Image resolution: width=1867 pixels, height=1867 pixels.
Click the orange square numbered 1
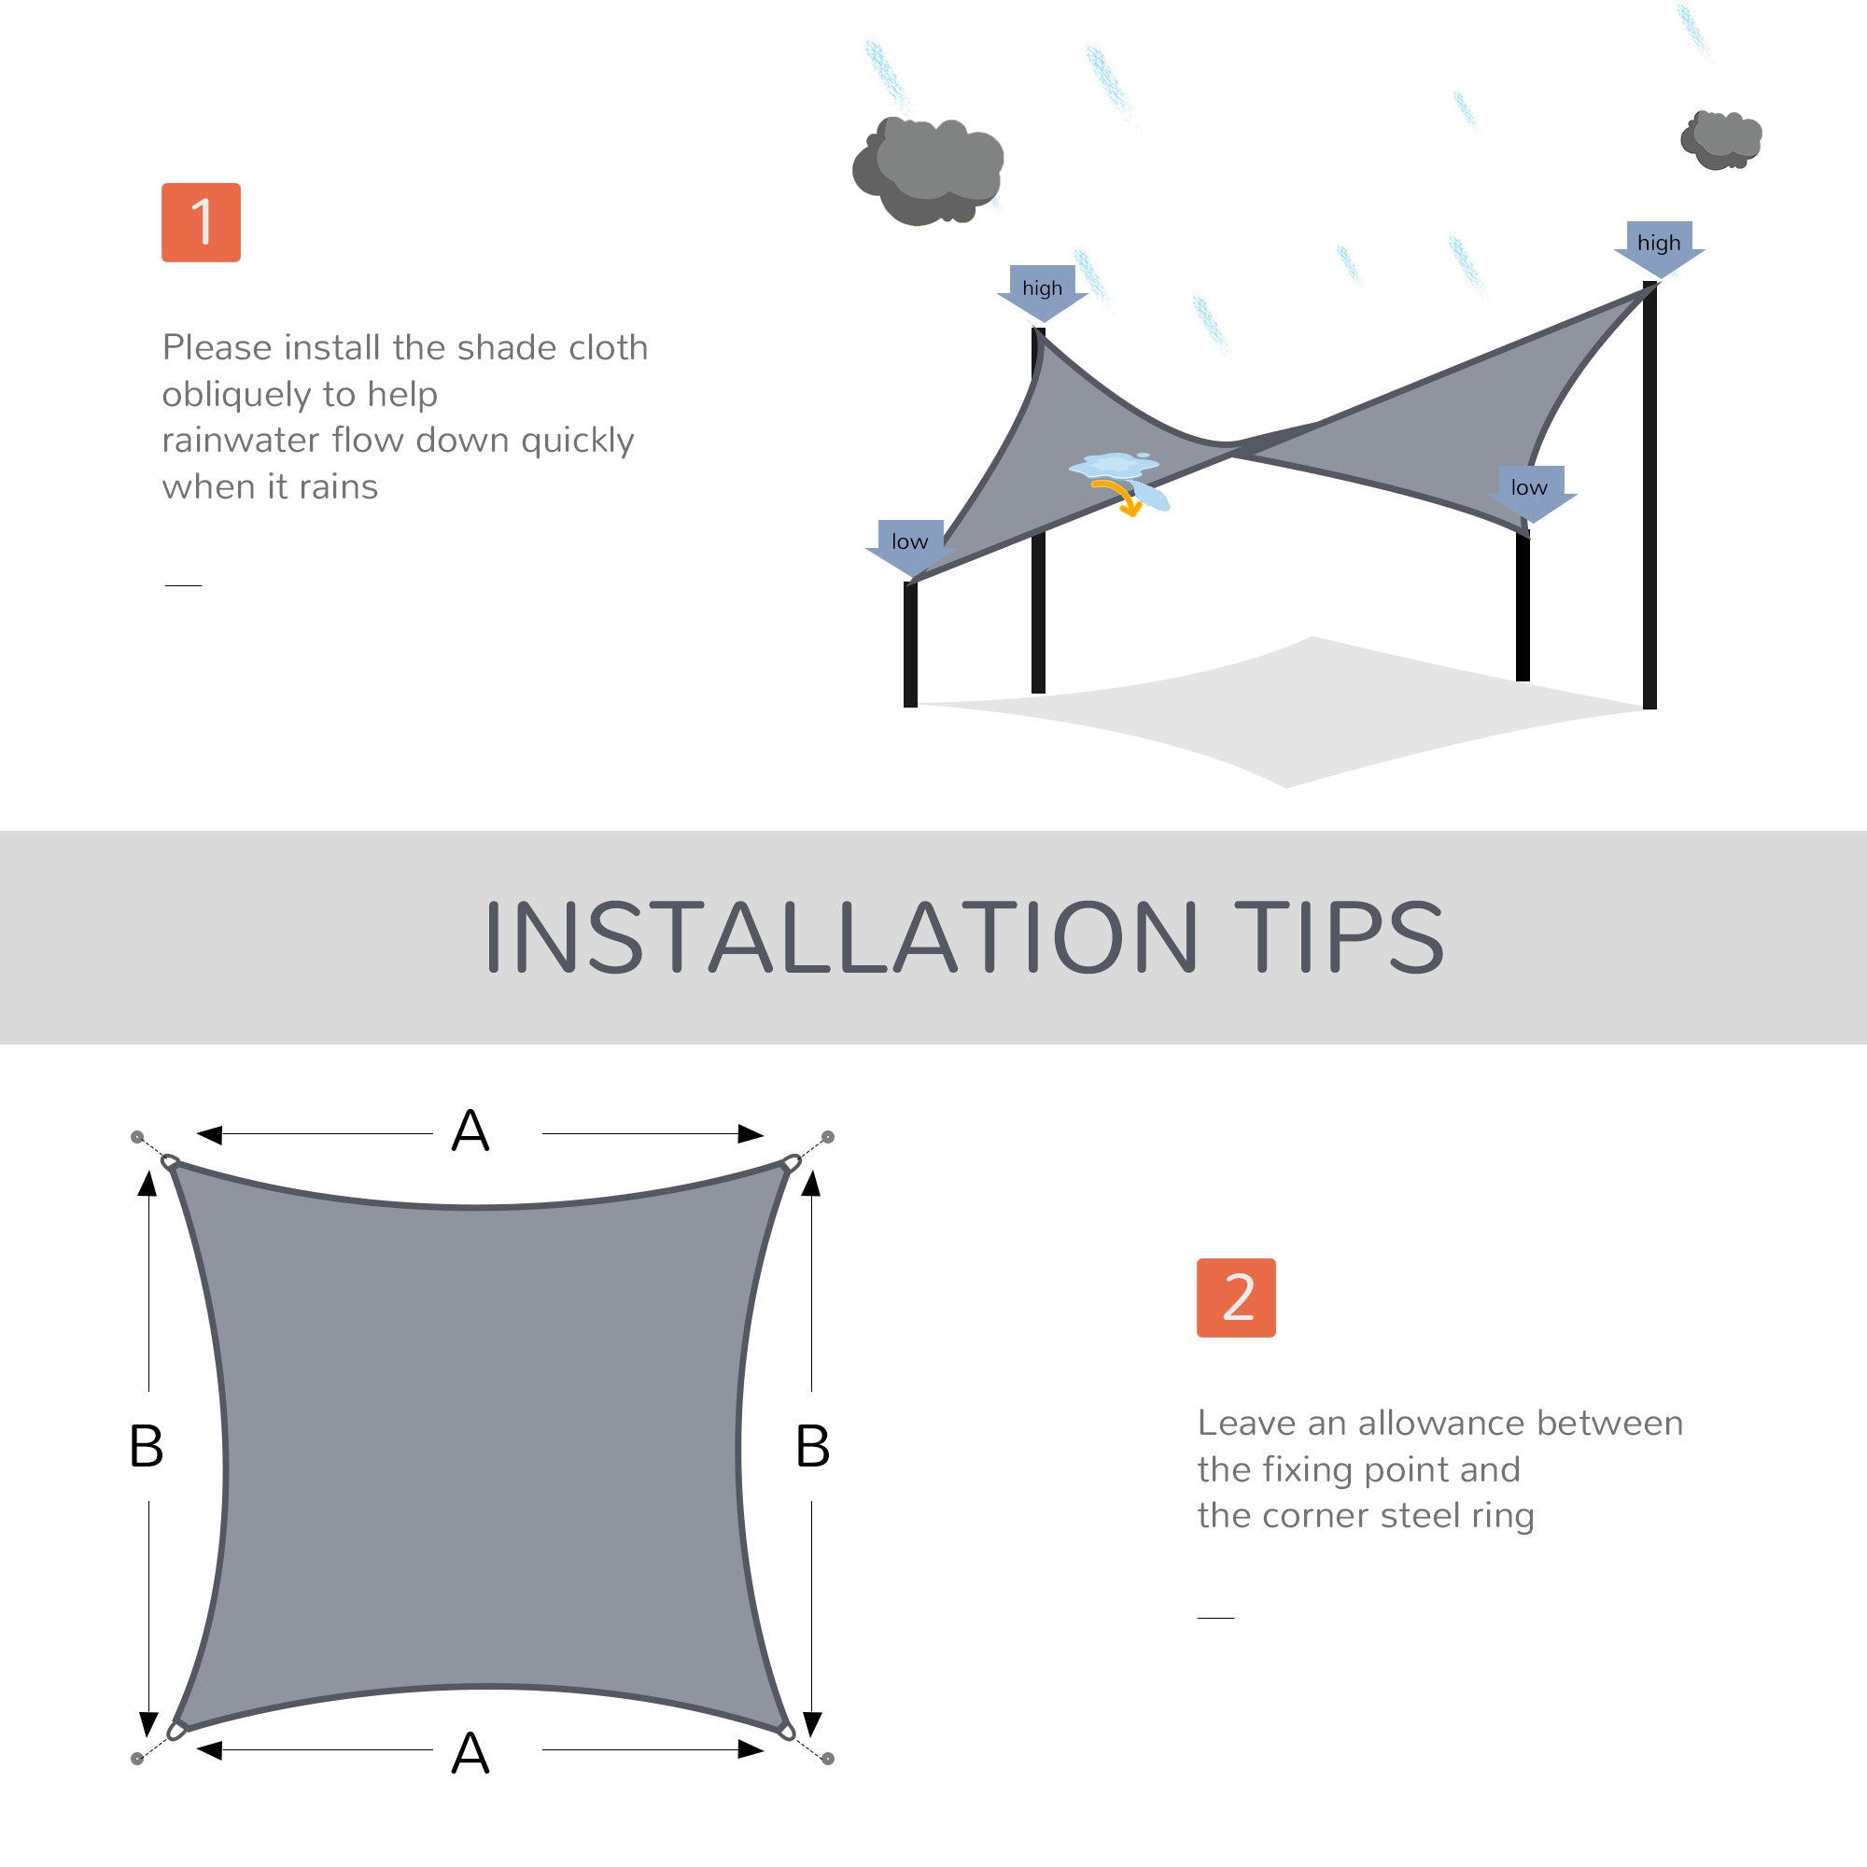coord(201,222)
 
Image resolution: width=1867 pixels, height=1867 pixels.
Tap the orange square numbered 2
coord(1236,1298)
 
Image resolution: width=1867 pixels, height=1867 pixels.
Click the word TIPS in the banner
coord(1339,936)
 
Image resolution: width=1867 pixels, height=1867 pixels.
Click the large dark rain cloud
coord(928,169)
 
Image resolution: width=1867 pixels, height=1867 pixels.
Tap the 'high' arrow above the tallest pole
coord(1658,246)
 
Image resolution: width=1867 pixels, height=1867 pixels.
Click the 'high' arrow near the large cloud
coord(1042,291)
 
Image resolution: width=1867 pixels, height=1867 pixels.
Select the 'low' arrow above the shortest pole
coord(910,546)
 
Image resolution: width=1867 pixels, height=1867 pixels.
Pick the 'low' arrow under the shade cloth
coord(1530,492)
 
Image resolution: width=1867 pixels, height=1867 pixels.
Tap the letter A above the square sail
coord(470,1130)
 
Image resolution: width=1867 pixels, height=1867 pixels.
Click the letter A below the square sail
coord(470,1753)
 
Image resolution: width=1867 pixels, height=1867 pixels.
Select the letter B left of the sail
coord(146,1447)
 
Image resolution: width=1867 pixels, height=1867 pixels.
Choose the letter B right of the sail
coord(813,1447)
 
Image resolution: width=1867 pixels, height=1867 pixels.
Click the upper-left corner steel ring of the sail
coord(170,1160)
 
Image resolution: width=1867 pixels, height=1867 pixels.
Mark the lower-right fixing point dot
coord(828,1758)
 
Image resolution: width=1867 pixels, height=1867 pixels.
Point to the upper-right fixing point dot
coord(828,1136)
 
